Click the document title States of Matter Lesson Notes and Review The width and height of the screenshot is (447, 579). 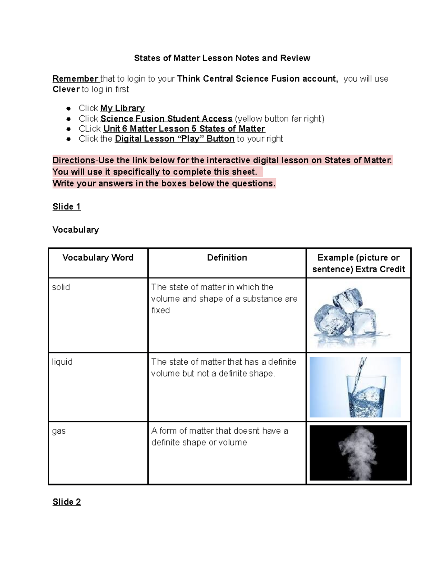click(222, 58)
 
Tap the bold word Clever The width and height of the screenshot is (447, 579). click(66, 89)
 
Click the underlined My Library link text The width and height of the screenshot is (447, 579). click(123, 108)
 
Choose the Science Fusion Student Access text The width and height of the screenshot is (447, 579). click(166, 119)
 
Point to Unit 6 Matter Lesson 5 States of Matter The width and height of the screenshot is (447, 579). click(184, 129)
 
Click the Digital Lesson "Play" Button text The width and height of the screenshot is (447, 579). click(175, 139)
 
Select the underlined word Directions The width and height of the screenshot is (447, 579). click(74, 160)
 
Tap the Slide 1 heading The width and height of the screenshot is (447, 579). click(66, 207)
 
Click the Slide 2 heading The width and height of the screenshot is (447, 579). click(66, 502)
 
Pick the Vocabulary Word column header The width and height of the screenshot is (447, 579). click(98, 258)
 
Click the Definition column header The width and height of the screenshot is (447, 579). click(227, 258)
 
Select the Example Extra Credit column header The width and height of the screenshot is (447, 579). click(358, 263)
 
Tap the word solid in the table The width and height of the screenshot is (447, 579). click(61, 287)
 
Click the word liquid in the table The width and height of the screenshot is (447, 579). click(62, 362)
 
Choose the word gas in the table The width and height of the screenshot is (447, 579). click(59, 431)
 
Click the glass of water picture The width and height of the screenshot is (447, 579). click(355, 387)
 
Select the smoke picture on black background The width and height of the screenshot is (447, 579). click(358, 453)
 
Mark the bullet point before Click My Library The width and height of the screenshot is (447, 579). click(68, 108)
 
